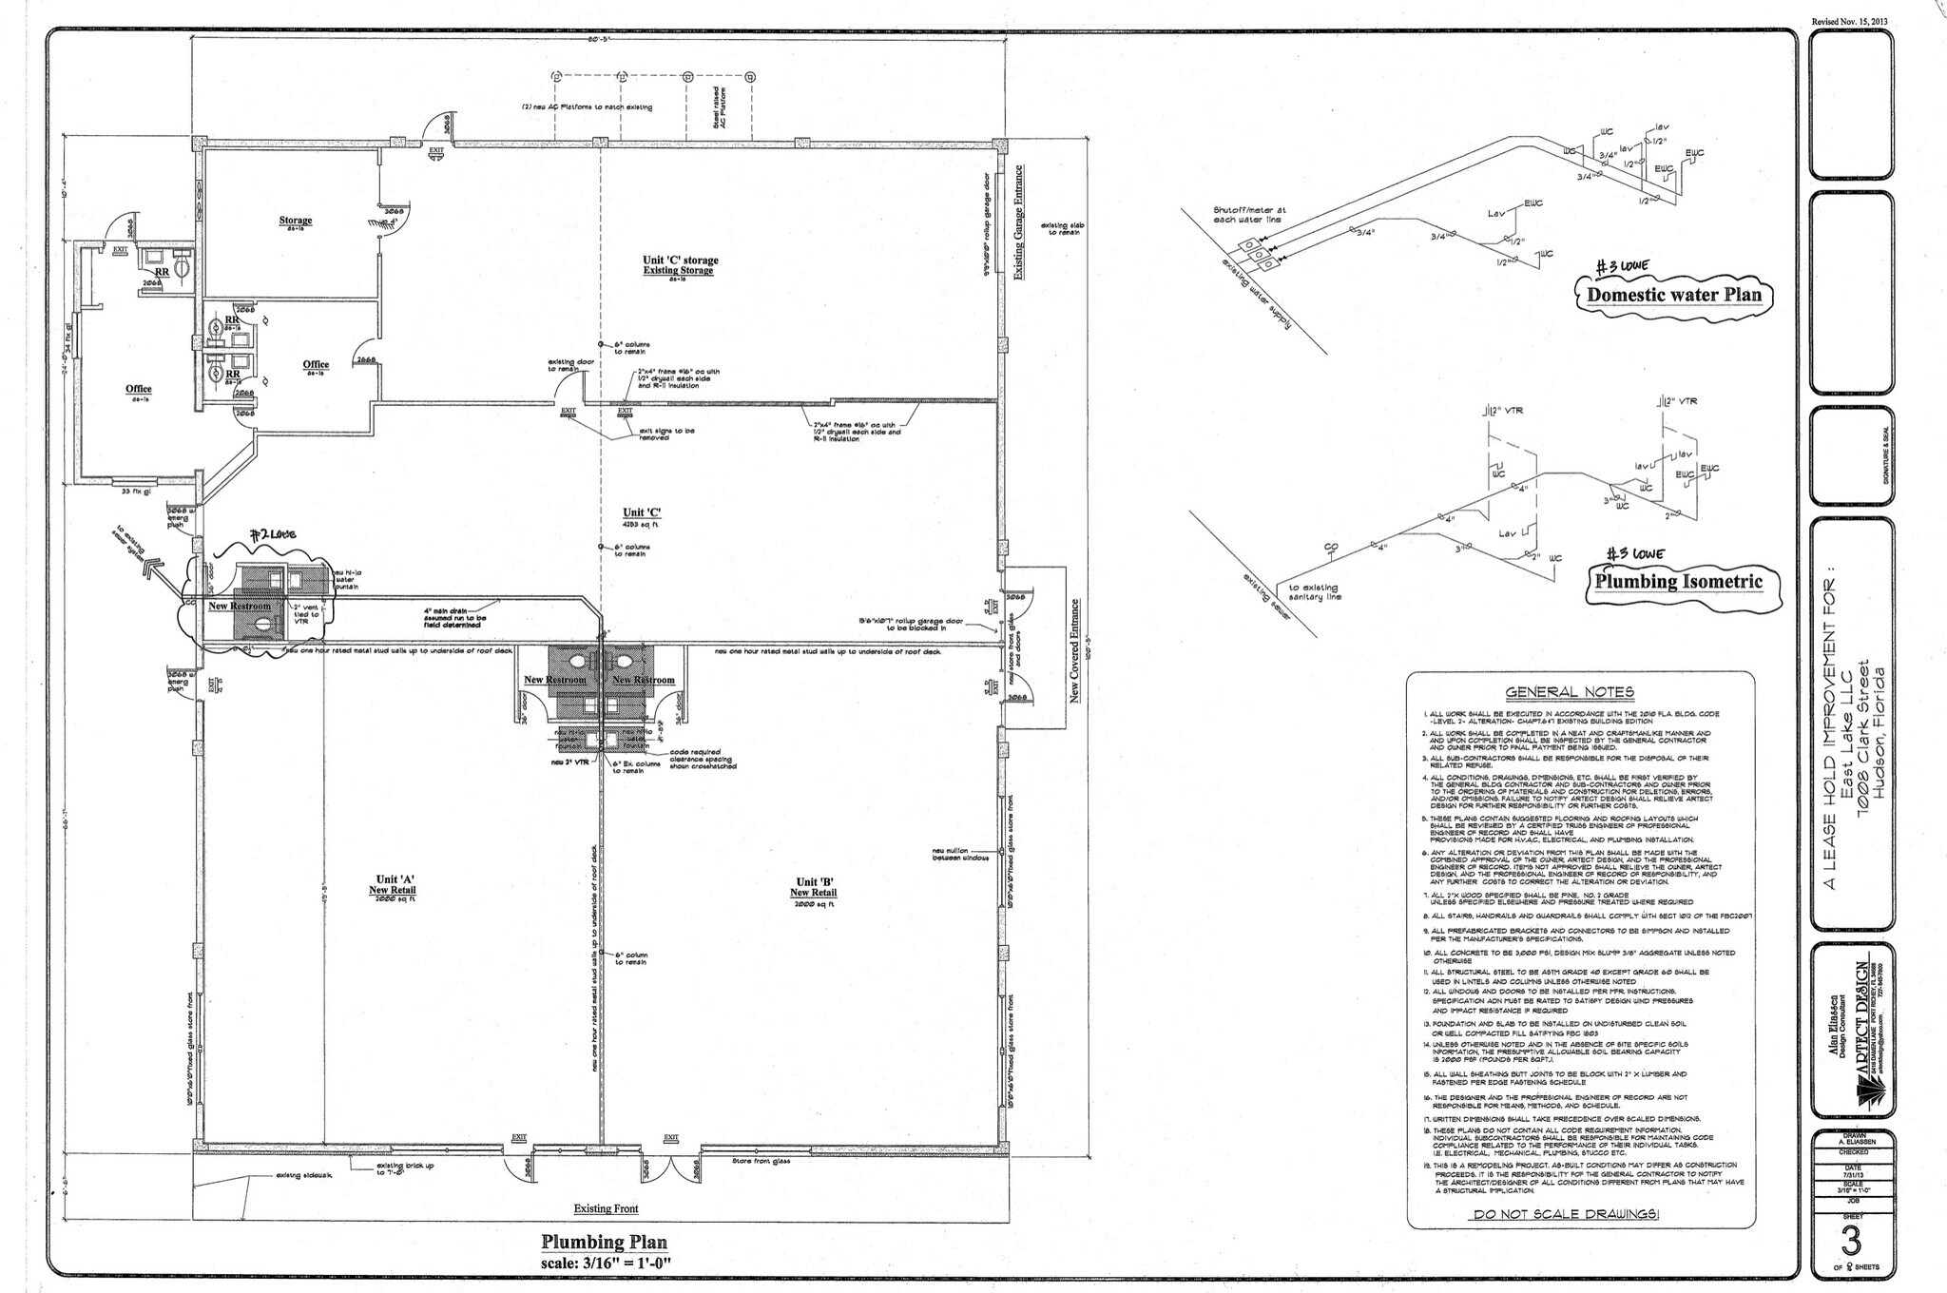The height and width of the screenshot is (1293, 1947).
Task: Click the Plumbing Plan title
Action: [x=604, y=1242]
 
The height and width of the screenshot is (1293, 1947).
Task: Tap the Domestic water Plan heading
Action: [x=1673, y=295]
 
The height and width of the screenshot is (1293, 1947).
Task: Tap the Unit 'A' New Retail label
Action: [x=393, y=885]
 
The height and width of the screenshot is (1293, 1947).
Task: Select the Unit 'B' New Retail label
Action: [x=814, y=886]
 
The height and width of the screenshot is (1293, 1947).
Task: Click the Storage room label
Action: [x=296, y=222]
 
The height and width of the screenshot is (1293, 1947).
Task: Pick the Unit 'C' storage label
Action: [x=680, y=265]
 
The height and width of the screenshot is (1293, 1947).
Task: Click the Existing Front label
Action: [x=606, y=1208]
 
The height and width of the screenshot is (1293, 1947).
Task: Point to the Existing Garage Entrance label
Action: [x=1018, y=223]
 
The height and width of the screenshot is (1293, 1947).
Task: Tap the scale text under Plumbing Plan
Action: [x=604, y=1263]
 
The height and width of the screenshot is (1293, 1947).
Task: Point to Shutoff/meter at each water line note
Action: [x=1247, y=215]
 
